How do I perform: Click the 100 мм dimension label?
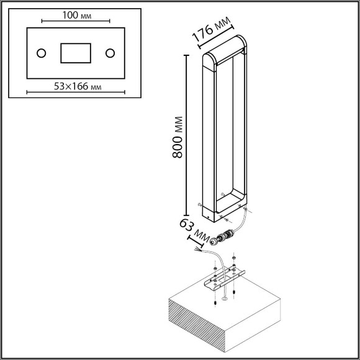tap(77, 16)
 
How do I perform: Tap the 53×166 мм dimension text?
tap(78, 86)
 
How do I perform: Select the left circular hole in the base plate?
tap(42, 53)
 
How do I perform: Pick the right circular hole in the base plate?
tap(110, 53)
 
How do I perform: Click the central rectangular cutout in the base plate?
tap(76, 53)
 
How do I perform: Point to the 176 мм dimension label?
tap(211, 29)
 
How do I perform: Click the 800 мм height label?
tap(178, 137)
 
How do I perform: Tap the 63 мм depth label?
tap(194, 230)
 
